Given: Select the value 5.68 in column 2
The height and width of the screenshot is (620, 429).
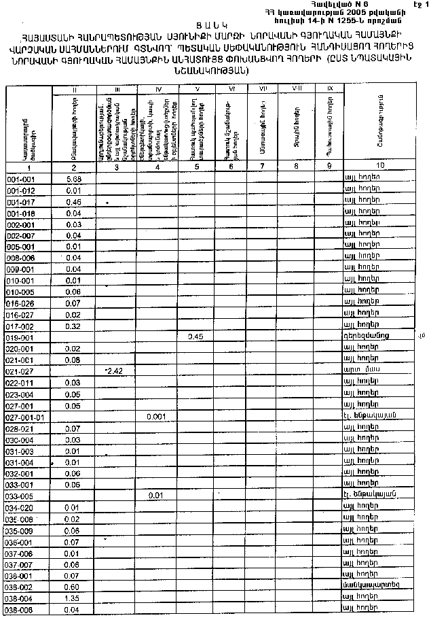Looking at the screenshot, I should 75,178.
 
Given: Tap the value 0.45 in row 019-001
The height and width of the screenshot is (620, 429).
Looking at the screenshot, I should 195,337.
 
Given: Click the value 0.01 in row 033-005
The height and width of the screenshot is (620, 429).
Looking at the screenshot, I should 156,496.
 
